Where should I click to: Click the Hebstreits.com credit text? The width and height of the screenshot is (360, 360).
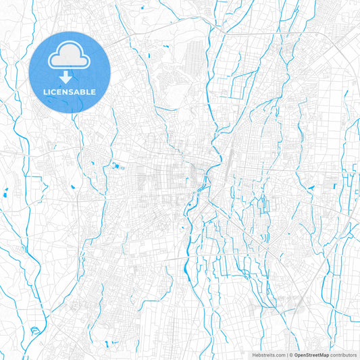[x=267, y=354]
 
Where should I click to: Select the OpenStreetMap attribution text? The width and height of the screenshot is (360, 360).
[x=310, y=354]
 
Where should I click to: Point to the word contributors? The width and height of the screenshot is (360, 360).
[x=343, y=354]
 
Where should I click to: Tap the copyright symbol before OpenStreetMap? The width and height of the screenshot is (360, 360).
[x=291, y=354]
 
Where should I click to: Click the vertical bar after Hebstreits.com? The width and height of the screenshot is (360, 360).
[x=286, y=354]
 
